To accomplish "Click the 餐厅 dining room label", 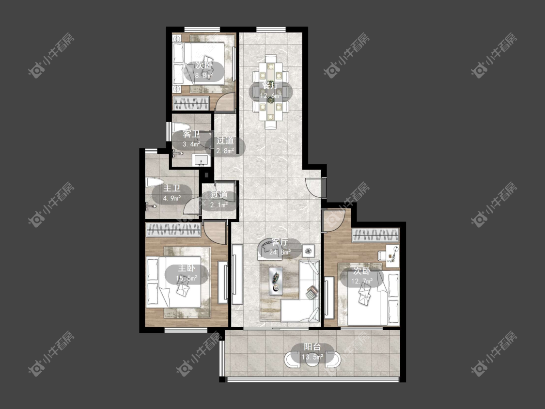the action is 271,91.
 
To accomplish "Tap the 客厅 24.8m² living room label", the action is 280,247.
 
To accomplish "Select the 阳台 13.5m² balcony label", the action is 312,352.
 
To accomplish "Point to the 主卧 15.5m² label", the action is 187,273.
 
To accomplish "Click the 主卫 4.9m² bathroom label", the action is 171,193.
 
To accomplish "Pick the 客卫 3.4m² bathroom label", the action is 191,139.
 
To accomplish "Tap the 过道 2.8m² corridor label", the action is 225,146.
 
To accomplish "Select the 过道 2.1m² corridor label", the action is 219,200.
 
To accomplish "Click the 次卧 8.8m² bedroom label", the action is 203,70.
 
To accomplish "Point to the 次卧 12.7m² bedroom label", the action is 361,276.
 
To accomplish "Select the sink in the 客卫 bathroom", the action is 202,160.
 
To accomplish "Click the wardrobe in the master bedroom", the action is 173,230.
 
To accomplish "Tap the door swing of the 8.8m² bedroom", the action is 224,102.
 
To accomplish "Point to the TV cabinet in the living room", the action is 237,274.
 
